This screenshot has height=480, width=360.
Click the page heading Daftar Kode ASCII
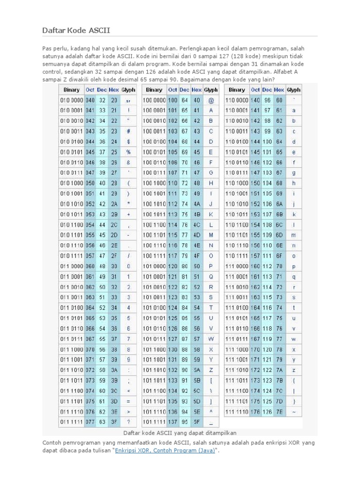(77, 31)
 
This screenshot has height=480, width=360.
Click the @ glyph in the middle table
(211, 100)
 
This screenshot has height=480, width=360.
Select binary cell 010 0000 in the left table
(72, 100)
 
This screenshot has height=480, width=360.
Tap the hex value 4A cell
(197, 203)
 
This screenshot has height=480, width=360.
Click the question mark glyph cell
(128, 421)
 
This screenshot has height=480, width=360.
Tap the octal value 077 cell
(90, 421)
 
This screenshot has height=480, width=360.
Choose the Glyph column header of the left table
(128, 90)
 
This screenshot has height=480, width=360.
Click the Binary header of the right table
(237, 90)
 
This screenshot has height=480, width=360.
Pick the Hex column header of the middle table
(197, 90)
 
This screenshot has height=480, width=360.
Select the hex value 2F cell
(114, 255)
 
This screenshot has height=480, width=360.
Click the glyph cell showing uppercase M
(211, 234)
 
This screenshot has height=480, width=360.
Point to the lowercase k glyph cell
(294, 214)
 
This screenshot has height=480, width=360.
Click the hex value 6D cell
(279, 234)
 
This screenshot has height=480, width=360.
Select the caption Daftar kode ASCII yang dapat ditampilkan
(180, 432)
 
